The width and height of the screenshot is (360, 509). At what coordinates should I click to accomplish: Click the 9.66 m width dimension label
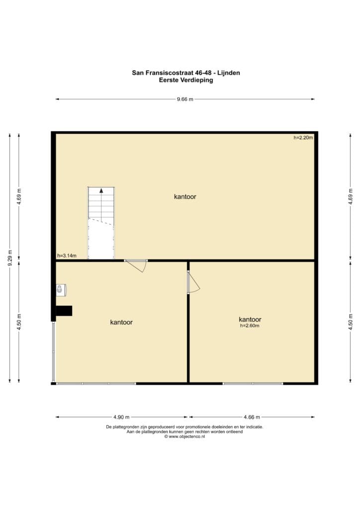(x=185, y=99)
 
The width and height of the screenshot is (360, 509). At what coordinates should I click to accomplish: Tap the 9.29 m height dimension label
(x=10, y=258)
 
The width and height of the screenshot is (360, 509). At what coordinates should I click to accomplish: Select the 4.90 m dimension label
(x=121, y=417)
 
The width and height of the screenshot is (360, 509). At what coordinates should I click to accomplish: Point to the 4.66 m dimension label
(x=252, y=417)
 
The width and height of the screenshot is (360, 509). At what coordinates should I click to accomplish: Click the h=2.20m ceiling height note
(x=303, y=138)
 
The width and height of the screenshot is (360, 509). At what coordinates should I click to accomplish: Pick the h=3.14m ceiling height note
(x=67, y=256)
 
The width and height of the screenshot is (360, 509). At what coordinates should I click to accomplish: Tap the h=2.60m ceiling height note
(x=250, y=326)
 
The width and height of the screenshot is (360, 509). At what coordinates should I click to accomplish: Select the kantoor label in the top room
(x=185, y=197)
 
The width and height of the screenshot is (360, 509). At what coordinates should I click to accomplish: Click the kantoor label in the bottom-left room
(x=121, y=322)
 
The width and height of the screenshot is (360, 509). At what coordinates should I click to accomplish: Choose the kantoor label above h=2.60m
(x=250, y=320)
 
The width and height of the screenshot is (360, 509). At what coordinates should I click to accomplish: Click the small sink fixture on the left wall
(x=61, y=290)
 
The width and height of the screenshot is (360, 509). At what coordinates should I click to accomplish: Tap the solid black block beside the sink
(x=64, y=311)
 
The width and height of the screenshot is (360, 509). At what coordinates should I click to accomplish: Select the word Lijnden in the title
(x=229, y=73)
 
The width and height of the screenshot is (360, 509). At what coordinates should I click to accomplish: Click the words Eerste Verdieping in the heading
(x=186, y=80)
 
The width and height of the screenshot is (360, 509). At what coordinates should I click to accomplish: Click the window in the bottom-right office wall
(x=253, y=384)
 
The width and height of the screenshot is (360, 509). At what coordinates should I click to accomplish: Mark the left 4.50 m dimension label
(x=19, y=322)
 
